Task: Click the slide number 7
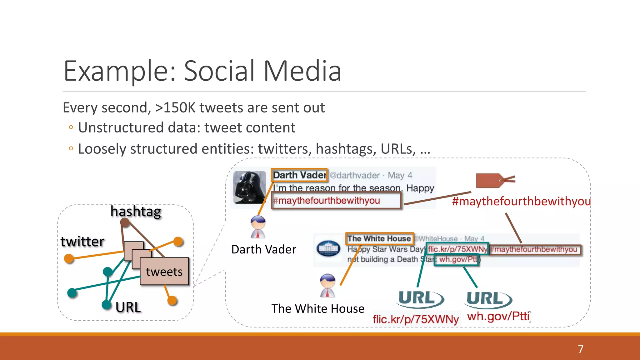(581, 349)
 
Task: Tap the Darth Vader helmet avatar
(249, 187)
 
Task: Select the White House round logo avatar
(328, 248)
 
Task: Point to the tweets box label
(164, 272)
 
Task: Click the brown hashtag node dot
(125, 222)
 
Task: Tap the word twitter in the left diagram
(82, 242)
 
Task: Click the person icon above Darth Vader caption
(258, 227)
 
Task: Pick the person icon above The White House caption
(327, 285)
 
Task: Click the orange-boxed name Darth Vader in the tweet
(299, 175)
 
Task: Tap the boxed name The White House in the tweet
(379, 239)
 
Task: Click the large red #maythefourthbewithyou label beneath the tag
(521, 201)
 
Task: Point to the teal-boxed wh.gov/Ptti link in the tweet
(457, 260)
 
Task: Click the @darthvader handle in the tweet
(355, 175)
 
